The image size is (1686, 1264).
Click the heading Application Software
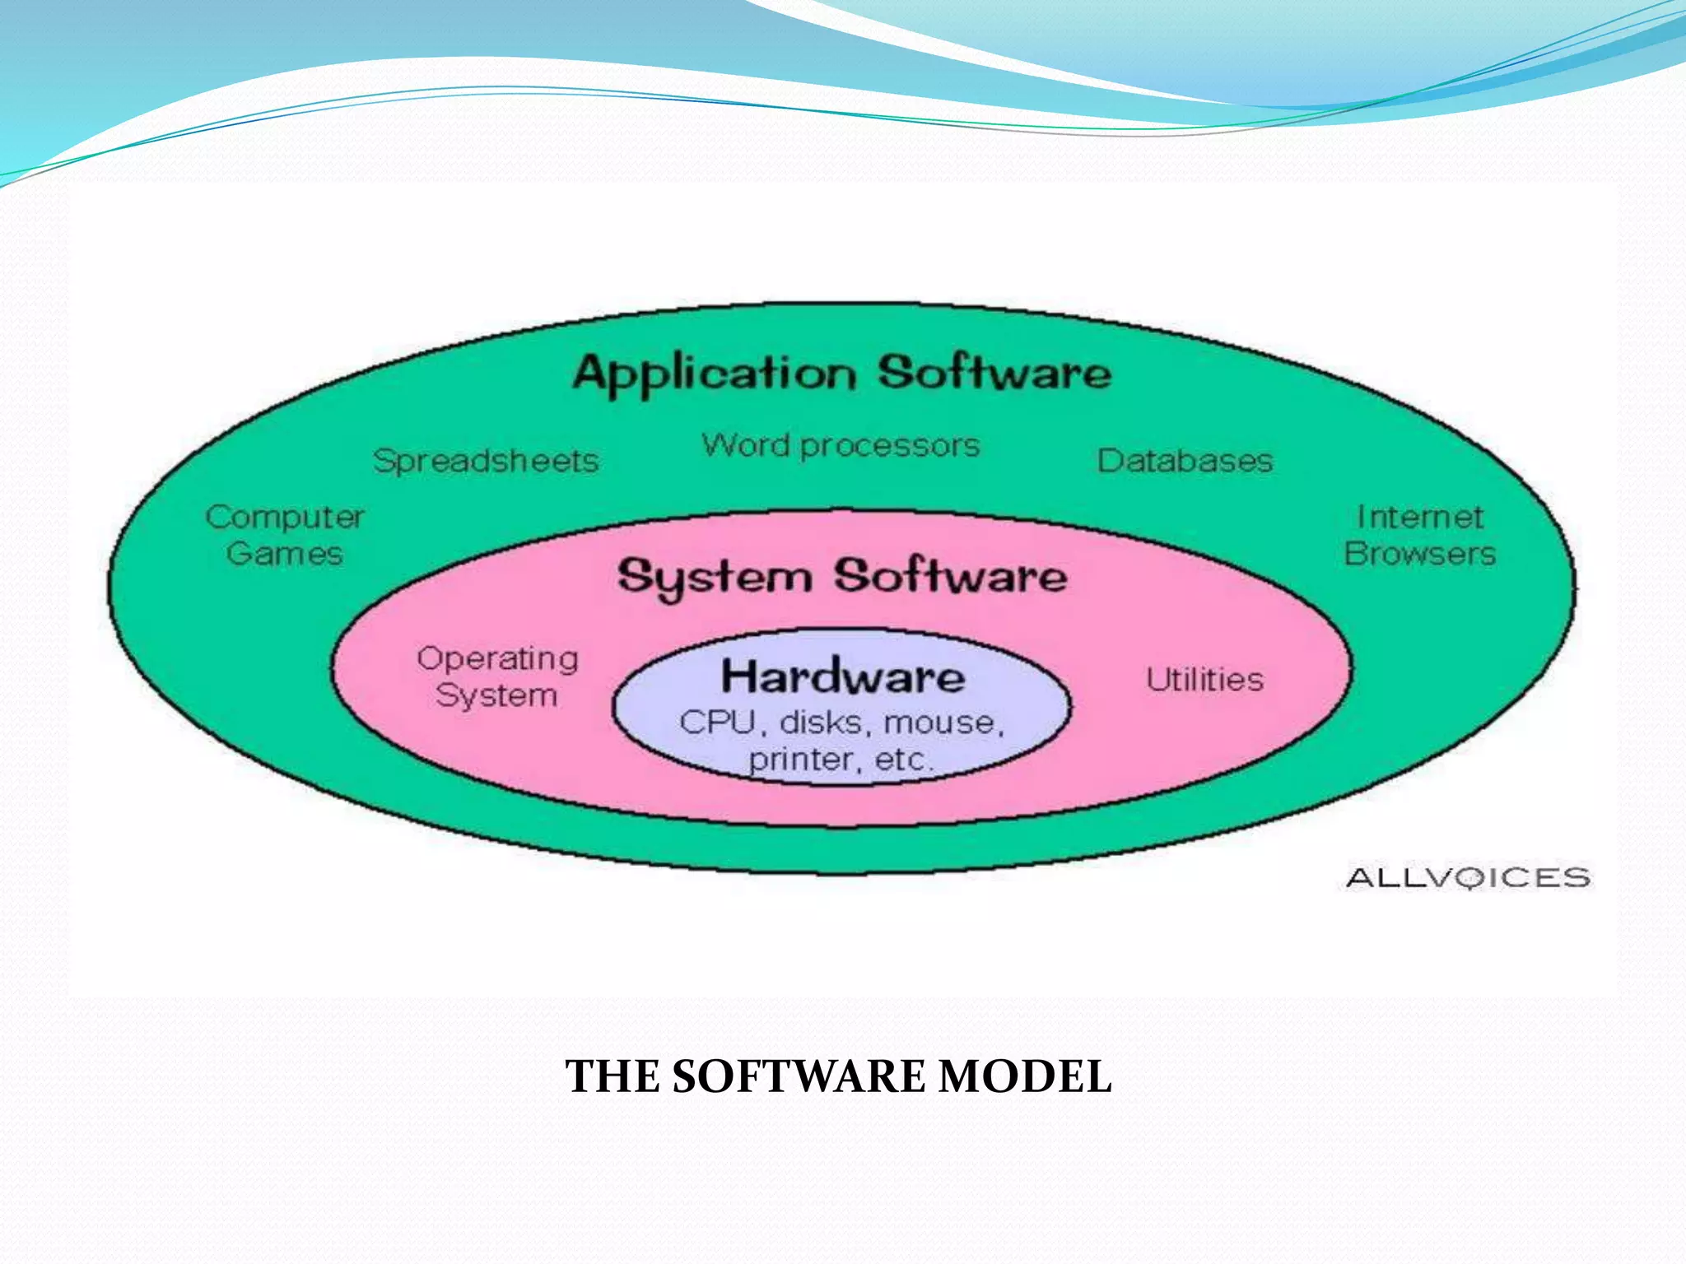841,374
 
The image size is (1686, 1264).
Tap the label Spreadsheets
486,461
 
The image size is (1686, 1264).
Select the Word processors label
841,446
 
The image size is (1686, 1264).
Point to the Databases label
1185,461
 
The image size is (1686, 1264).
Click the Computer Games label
285,535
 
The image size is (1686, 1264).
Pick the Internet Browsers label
1419,535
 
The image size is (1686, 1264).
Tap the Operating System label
497,676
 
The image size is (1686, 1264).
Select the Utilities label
1204,680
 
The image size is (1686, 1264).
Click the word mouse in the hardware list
943,723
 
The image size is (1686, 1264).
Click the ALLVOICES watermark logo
1468,877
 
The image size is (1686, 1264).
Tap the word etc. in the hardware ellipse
903,760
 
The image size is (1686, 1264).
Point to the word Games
285,554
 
